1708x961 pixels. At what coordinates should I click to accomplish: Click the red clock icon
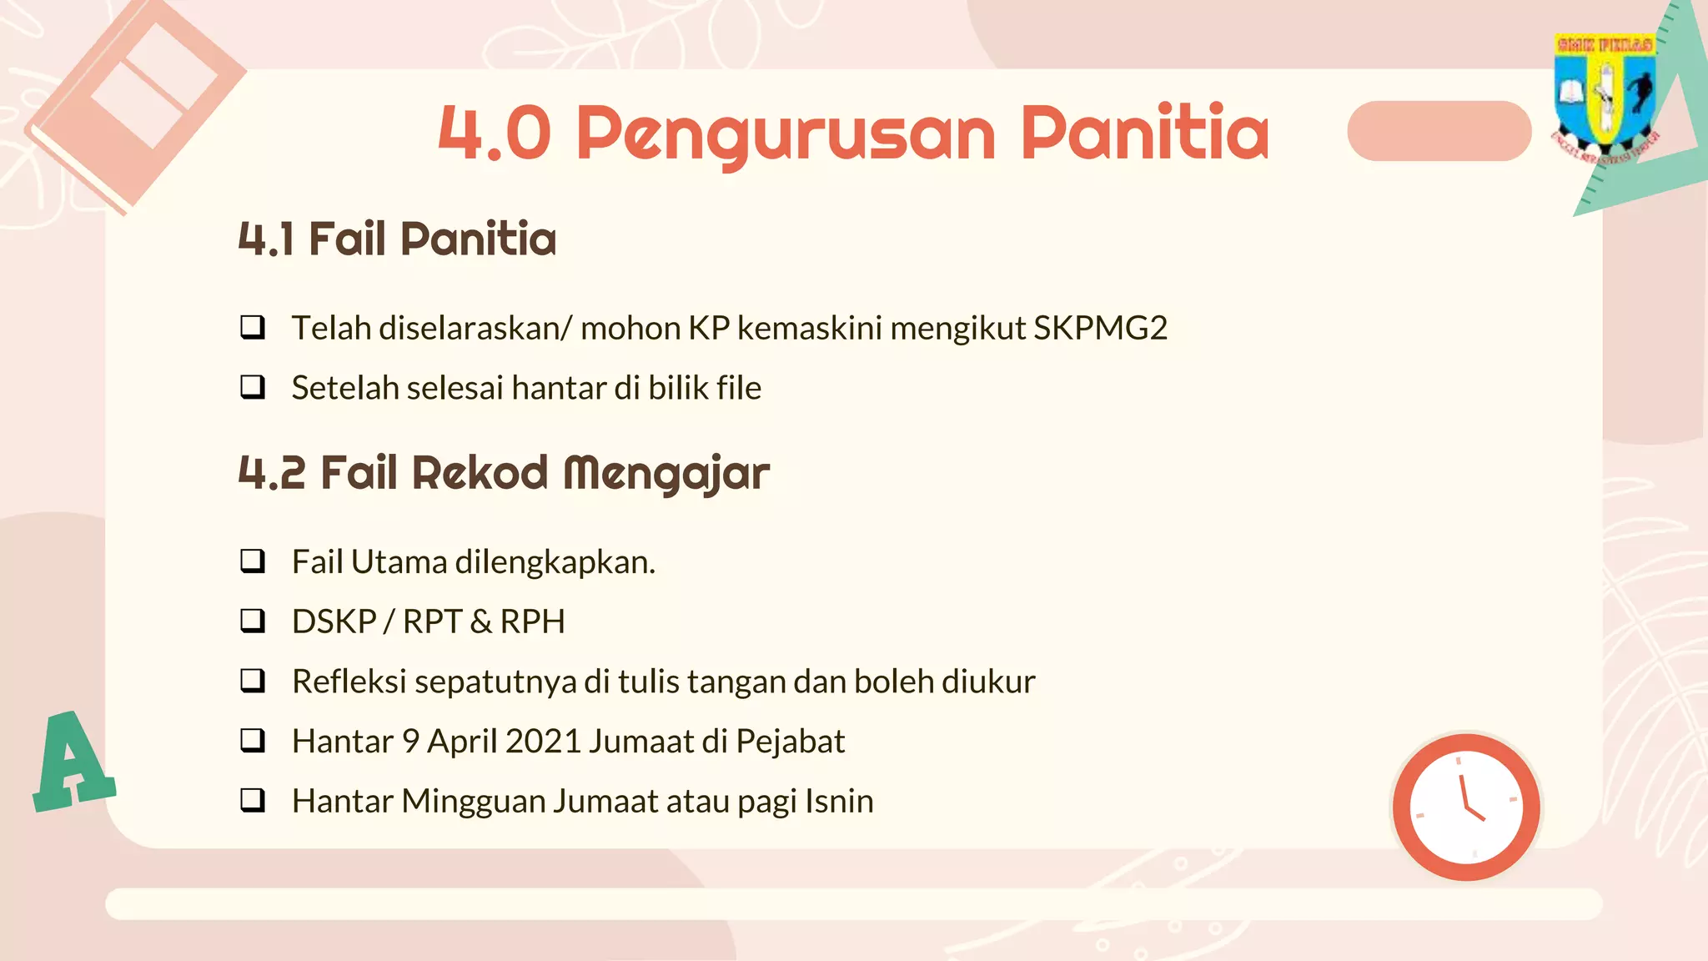tap(1466, 807)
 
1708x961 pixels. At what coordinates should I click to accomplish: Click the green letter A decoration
tap(73, 761)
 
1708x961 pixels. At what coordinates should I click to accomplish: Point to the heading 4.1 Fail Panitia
tap(397, 239)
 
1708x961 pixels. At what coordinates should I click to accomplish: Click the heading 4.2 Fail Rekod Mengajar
tap(504, 473)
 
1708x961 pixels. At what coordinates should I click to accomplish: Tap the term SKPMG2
tap(1100, 328)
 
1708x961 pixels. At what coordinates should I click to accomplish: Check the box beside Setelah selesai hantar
tap(253, 387)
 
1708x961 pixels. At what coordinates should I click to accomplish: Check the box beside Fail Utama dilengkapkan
tap(253, 561)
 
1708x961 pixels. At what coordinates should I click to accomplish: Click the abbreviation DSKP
tap(334, 621)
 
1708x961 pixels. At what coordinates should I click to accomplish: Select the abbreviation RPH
tap(532, 621)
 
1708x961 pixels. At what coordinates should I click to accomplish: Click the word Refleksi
tap(349, 682)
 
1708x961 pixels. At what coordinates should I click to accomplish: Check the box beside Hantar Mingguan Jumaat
tap(253, 800)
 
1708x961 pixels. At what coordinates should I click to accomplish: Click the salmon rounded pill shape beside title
tap(1439, 131)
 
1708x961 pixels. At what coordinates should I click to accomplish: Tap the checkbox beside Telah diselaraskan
tap(253, 327)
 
